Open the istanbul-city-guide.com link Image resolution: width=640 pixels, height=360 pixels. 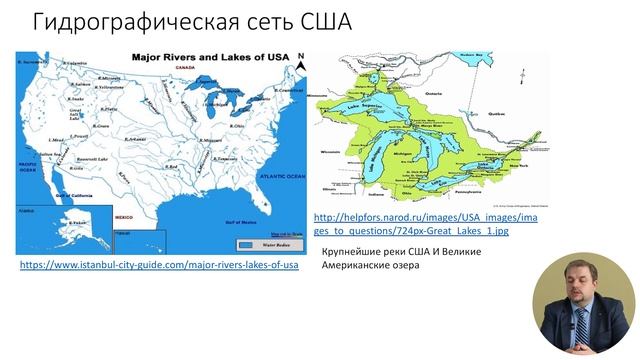pos(159,265)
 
